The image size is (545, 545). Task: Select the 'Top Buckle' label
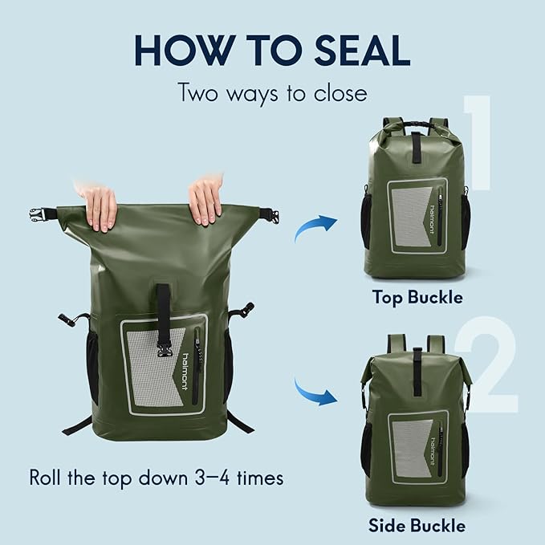pos(417,297)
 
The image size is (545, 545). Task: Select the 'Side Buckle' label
pos(417,527)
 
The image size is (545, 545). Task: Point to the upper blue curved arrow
pos(315,227)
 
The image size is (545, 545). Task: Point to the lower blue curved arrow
pos(315,391)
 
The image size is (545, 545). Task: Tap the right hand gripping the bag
pos(205,200)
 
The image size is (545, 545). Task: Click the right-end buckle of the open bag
pos(273,215)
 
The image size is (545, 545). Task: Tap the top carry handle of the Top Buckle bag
pos(416,125)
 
